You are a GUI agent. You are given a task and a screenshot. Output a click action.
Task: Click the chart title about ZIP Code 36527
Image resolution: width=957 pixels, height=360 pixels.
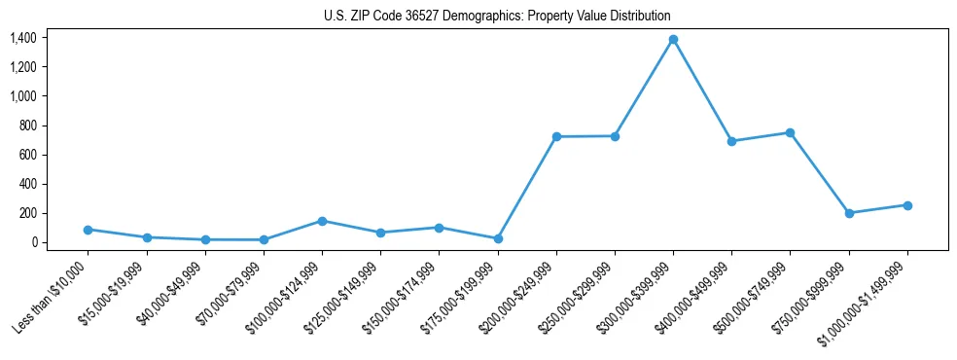pyautogui.click(x=497, y=17)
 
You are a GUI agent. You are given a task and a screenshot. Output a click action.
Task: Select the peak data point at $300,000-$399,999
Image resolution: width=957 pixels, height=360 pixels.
pyautogui.click(x=673, y=40)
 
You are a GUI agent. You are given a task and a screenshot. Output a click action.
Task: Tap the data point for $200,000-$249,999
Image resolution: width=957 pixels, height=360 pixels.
pyautogui.click(x=556, y=137)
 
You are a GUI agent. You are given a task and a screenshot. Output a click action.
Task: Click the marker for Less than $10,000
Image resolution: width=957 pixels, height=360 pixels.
pyautogui.click(x=88, y=230)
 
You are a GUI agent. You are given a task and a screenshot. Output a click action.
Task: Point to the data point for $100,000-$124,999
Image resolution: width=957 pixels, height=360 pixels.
pyautogui.click(x=322, y=221)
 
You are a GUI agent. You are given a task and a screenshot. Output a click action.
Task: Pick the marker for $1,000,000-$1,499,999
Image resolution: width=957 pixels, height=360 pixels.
pyautogui.click(x=907, y=205)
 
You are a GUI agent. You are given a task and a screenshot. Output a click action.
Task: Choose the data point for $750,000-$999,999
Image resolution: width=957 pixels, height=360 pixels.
pyautogui.click(x=849, y=213)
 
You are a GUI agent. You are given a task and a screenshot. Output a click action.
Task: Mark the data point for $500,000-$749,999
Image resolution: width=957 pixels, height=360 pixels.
pyautogui.click(x=790, y=132)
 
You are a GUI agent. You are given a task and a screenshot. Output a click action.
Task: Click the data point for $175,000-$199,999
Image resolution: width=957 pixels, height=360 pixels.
pyautogui.click(x=498, y=238)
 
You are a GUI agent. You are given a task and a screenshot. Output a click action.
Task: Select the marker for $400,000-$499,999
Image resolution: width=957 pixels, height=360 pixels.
pyautogui.click(x=731, y=141)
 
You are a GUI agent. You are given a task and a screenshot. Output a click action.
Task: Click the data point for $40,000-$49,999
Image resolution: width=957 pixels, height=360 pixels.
pyautogui.click(x=205, y=239)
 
